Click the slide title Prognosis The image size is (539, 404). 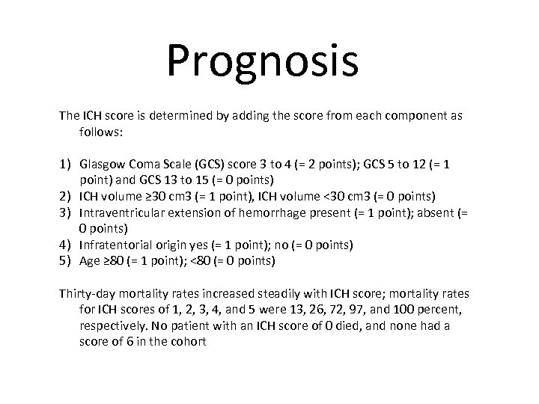[263, 61]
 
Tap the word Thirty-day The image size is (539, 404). [88, 294]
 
